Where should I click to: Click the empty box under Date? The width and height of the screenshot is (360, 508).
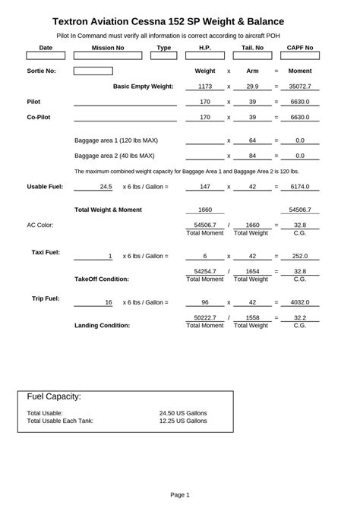tap(46, 56)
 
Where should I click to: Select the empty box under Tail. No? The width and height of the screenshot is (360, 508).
tap(253, 56)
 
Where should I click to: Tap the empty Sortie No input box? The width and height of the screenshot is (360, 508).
tap(93, 71)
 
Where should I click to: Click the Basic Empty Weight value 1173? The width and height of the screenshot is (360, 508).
tap(205, 87)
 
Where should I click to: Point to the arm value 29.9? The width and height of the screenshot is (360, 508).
tap(252, 87)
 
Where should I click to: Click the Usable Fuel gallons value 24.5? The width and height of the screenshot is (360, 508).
tap(106, 186)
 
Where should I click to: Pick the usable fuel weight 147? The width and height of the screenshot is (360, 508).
tap(205, 186)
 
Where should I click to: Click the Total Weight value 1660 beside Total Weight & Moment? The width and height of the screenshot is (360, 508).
tap(205, 210)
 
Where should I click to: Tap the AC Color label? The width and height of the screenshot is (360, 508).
tap(40, 226)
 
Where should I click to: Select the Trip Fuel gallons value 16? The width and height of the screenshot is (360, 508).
tap(109, 302)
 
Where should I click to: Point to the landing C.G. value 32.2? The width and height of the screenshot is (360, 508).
tap(300, 317)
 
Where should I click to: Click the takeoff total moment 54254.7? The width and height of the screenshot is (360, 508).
tap(205, 271)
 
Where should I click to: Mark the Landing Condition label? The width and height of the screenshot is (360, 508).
tap(102, 326)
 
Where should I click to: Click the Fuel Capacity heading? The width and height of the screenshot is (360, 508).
tap(54, 396)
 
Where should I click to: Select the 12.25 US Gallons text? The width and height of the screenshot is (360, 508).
tap(183, 420)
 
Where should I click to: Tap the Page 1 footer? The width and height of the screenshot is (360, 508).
tap(180, 494)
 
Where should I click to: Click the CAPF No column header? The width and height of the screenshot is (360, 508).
tap(300, 47)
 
